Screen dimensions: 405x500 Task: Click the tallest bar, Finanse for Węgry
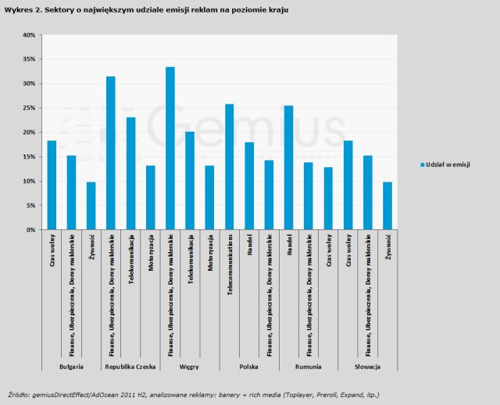tap(170, 148)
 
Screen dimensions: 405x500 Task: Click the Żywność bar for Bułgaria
tap(91, 206)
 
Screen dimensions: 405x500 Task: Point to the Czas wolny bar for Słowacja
tap(348, 185)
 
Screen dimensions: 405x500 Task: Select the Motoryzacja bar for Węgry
tap(209, 197)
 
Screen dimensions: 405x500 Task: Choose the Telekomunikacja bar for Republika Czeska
tap(130, 173)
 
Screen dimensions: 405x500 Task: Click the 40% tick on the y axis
tap(28, 35)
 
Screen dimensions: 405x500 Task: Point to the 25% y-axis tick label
tap(28, 108)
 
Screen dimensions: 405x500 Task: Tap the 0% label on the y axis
tap(30, 230)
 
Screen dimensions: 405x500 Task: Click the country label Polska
tap(248, 366)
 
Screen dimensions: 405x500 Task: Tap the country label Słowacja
tap(367, 366)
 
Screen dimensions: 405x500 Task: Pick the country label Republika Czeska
tap(130, 366)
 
